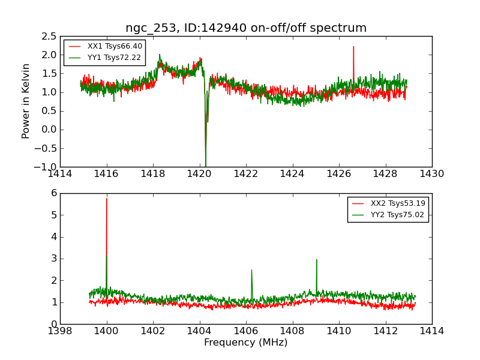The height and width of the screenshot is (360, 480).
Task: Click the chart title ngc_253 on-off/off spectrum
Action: point(246,28)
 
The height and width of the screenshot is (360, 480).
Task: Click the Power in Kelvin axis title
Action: point(26,101)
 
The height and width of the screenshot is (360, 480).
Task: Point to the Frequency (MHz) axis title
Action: point(246,343)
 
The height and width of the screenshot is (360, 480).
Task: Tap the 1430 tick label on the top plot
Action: point(431,174)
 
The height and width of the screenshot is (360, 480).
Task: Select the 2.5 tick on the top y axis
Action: point(49,37)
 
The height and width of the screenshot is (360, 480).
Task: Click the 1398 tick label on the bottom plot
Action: point(60,331)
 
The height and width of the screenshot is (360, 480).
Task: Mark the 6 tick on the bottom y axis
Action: point(53,193)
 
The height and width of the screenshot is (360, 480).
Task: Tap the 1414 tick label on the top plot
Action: point(60,174)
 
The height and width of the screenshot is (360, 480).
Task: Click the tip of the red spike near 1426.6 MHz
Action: point(353,46)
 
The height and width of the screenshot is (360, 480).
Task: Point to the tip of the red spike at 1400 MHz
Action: point(107,198)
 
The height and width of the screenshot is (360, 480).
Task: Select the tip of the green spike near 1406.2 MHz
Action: point(251,269)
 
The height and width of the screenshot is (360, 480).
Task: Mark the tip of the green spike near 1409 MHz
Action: point(316,259)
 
